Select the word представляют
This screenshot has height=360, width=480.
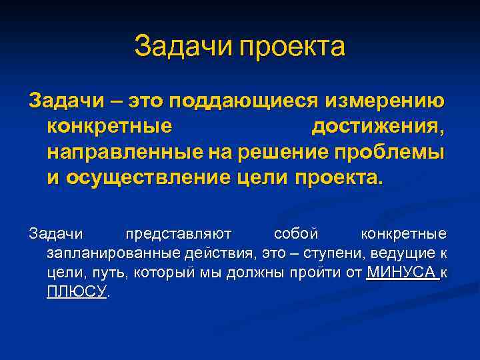pos(178,235)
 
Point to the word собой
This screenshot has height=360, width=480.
pos(296,235)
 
